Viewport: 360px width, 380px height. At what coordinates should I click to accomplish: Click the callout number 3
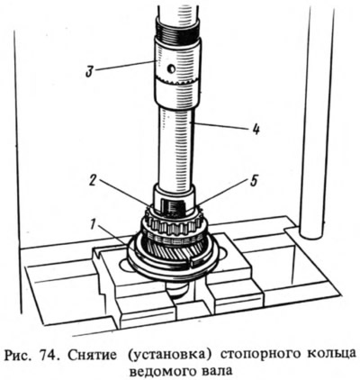pyautogui.click(x=88, y=73)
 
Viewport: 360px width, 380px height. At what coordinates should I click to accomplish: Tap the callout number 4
pyautogui.click(x=255, y=130)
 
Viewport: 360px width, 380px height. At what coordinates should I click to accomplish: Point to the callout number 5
pyautogui.click(x=254, y=182)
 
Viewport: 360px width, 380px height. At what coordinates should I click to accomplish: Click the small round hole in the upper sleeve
pyautogui.click(x=171, y=69)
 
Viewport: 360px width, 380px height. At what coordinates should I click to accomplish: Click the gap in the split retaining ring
pyautogui.click(x=191, y=262)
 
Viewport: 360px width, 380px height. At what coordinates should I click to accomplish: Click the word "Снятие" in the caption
pyautogui.click(x=92, y=356)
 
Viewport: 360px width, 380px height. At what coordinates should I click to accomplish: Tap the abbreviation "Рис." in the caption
pyautogui.click(x=20, y=357)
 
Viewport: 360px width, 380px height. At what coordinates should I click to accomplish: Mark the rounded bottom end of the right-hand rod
pyautogui.click(x=311, y=234)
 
